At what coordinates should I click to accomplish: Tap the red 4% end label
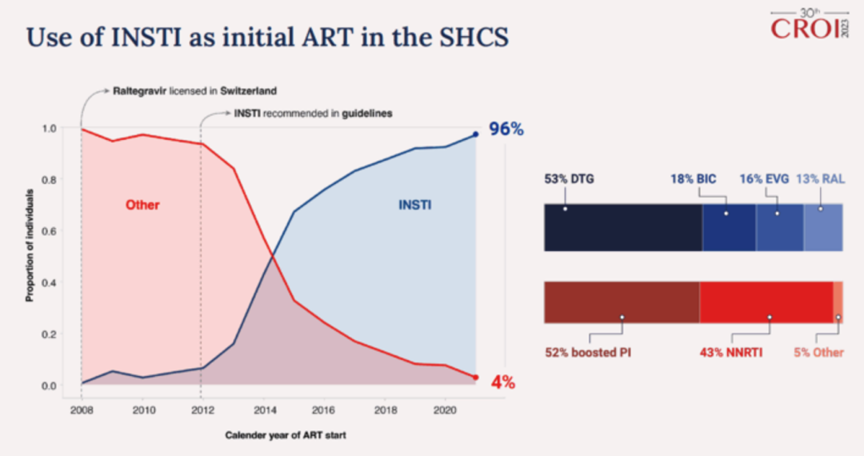[502, 382]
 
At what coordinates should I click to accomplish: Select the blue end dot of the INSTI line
[475, 134]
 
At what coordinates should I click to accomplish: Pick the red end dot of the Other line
[475, 377]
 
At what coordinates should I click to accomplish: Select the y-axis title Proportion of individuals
[29, 246]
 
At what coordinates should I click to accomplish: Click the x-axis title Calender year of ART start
[286, 434]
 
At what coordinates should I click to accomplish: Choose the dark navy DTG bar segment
[622, 227]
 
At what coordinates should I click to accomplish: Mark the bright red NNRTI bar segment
[766, 302]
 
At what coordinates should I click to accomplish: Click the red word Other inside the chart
[142, 205]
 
